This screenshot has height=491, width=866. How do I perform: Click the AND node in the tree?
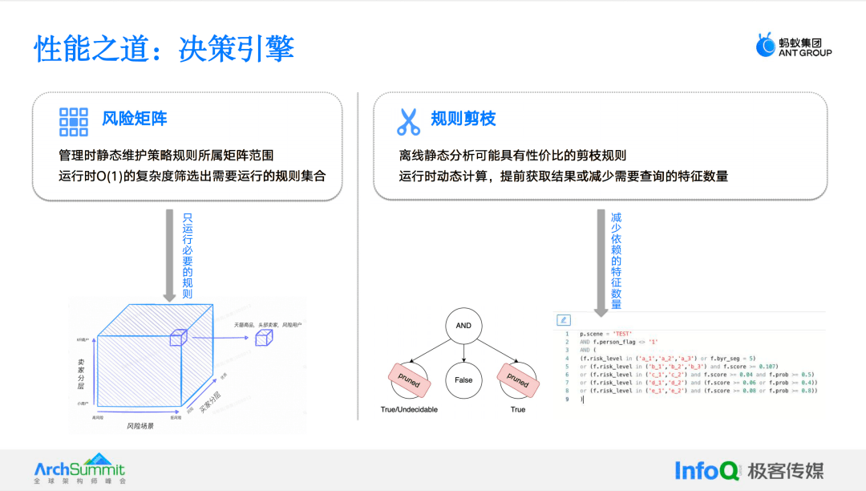[463, 326]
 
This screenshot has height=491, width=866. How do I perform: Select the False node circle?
[463, 379]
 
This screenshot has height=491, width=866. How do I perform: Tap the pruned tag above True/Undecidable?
[409, 379]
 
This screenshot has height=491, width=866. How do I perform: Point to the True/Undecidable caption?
[409, 409]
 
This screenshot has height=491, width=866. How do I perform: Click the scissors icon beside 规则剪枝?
[408, 120]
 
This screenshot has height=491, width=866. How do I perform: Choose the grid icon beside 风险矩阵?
[74, 120]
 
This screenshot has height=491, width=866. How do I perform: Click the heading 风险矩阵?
[135, 120]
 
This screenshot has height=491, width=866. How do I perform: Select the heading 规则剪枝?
[463, 120]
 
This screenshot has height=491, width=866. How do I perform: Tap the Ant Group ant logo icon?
[765, 46]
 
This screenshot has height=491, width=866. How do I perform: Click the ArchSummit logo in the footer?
[79, 470]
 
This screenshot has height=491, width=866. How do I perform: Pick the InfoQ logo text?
[706, 471]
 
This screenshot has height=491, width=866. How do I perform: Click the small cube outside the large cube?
[263, 339]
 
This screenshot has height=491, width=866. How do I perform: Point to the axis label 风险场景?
[140, 426]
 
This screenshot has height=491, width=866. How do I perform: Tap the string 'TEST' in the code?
[622, 334]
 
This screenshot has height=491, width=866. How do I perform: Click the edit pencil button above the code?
[563, 320]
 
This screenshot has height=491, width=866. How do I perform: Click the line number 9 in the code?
[567, 398]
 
